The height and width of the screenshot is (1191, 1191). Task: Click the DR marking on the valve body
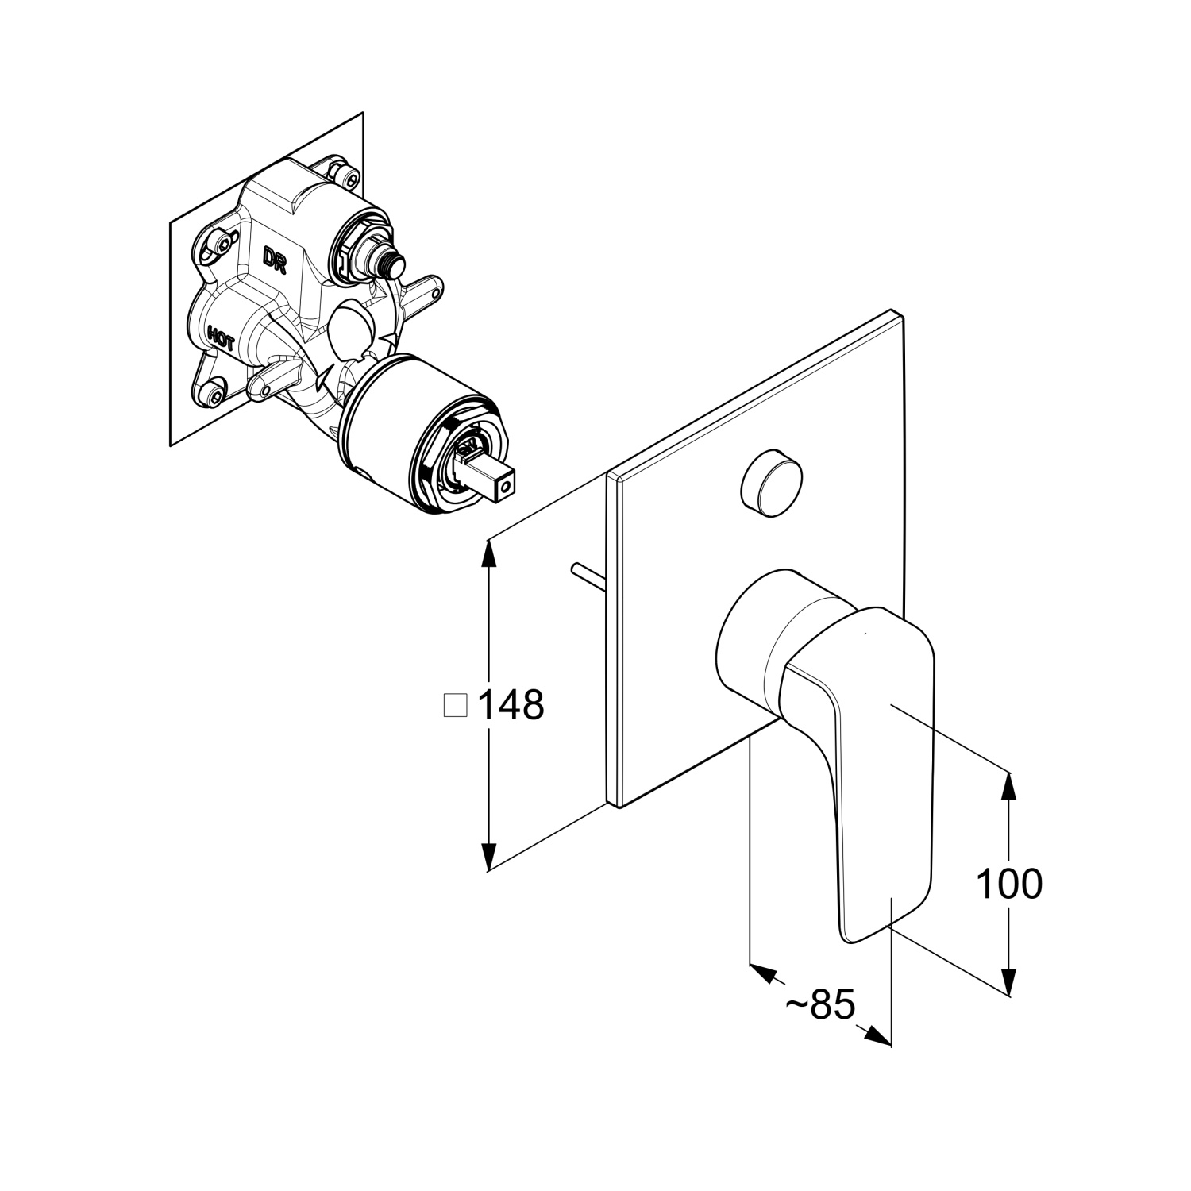275,260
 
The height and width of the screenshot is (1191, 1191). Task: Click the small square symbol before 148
455,704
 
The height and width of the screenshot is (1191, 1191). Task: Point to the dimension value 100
1008,883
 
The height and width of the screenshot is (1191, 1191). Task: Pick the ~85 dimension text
820,1005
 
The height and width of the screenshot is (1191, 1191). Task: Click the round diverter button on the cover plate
770,484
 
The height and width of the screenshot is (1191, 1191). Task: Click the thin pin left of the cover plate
588,576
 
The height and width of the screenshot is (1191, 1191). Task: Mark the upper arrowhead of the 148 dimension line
491,552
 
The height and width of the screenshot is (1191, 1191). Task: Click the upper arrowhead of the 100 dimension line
1008,786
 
